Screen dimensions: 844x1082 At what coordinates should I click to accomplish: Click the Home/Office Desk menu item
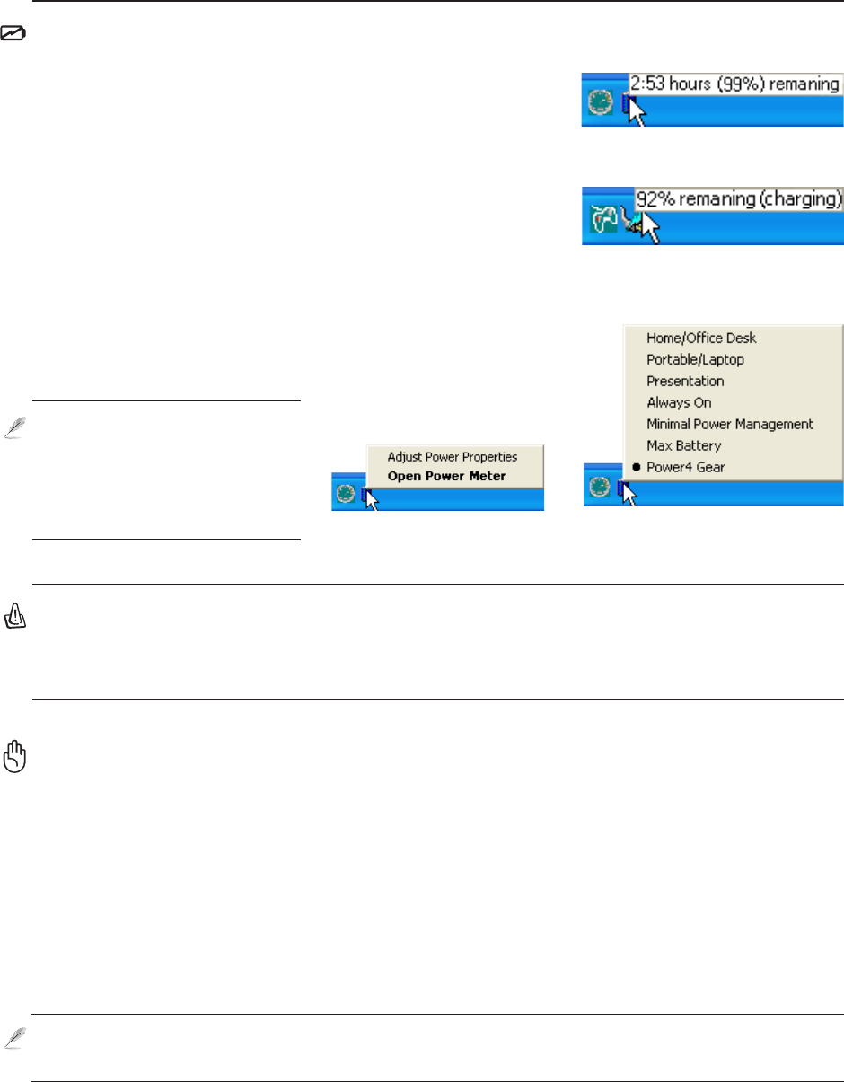(701, 339)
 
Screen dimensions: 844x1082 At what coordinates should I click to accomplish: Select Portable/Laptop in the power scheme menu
(695, 360)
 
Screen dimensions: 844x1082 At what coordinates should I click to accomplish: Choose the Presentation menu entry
(685, 382)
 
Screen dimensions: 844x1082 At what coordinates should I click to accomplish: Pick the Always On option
(679, 403)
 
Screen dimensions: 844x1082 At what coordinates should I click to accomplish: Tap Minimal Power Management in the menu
(729, 424)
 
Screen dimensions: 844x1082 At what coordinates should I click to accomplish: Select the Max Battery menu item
(683, 445)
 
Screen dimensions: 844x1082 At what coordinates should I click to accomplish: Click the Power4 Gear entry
(685, 467)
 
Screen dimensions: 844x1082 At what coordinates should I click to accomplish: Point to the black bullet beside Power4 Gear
(636, 467)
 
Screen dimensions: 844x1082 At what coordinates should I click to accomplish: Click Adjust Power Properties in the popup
(452, 457)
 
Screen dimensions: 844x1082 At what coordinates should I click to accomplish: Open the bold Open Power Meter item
(446, 476)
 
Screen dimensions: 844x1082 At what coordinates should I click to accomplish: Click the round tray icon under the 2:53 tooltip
(600, 102)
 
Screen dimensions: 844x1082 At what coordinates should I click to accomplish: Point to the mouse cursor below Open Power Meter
(372, 498)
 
